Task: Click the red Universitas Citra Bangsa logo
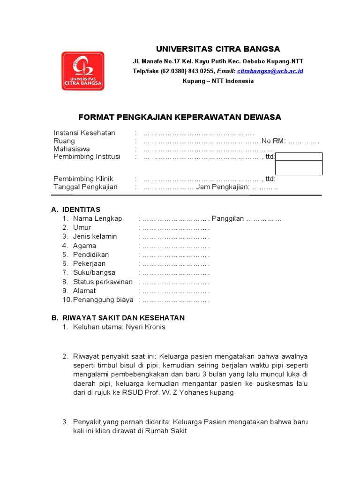click(x=83, y=71)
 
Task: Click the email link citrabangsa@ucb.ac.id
click(x=270, y=71)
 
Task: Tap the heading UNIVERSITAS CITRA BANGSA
click(x=217, y=49)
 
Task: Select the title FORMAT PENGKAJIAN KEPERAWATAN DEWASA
click(x=180, y=117)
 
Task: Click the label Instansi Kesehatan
click(x=84, y=133)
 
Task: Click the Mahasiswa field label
click(x=72, y=149)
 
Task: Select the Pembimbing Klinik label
click(x=83, y=179)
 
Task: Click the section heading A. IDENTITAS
click(x=76, y=210)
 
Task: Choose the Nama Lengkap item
click(x=97, y=218)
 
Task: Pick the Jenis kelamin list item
click(x=95, y=237)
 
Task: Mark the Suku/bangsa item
click(x=94, y=273)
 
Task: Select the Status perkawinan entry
click(x=103, y=282)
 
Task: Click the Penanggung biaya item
click(x=103, y=300)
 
